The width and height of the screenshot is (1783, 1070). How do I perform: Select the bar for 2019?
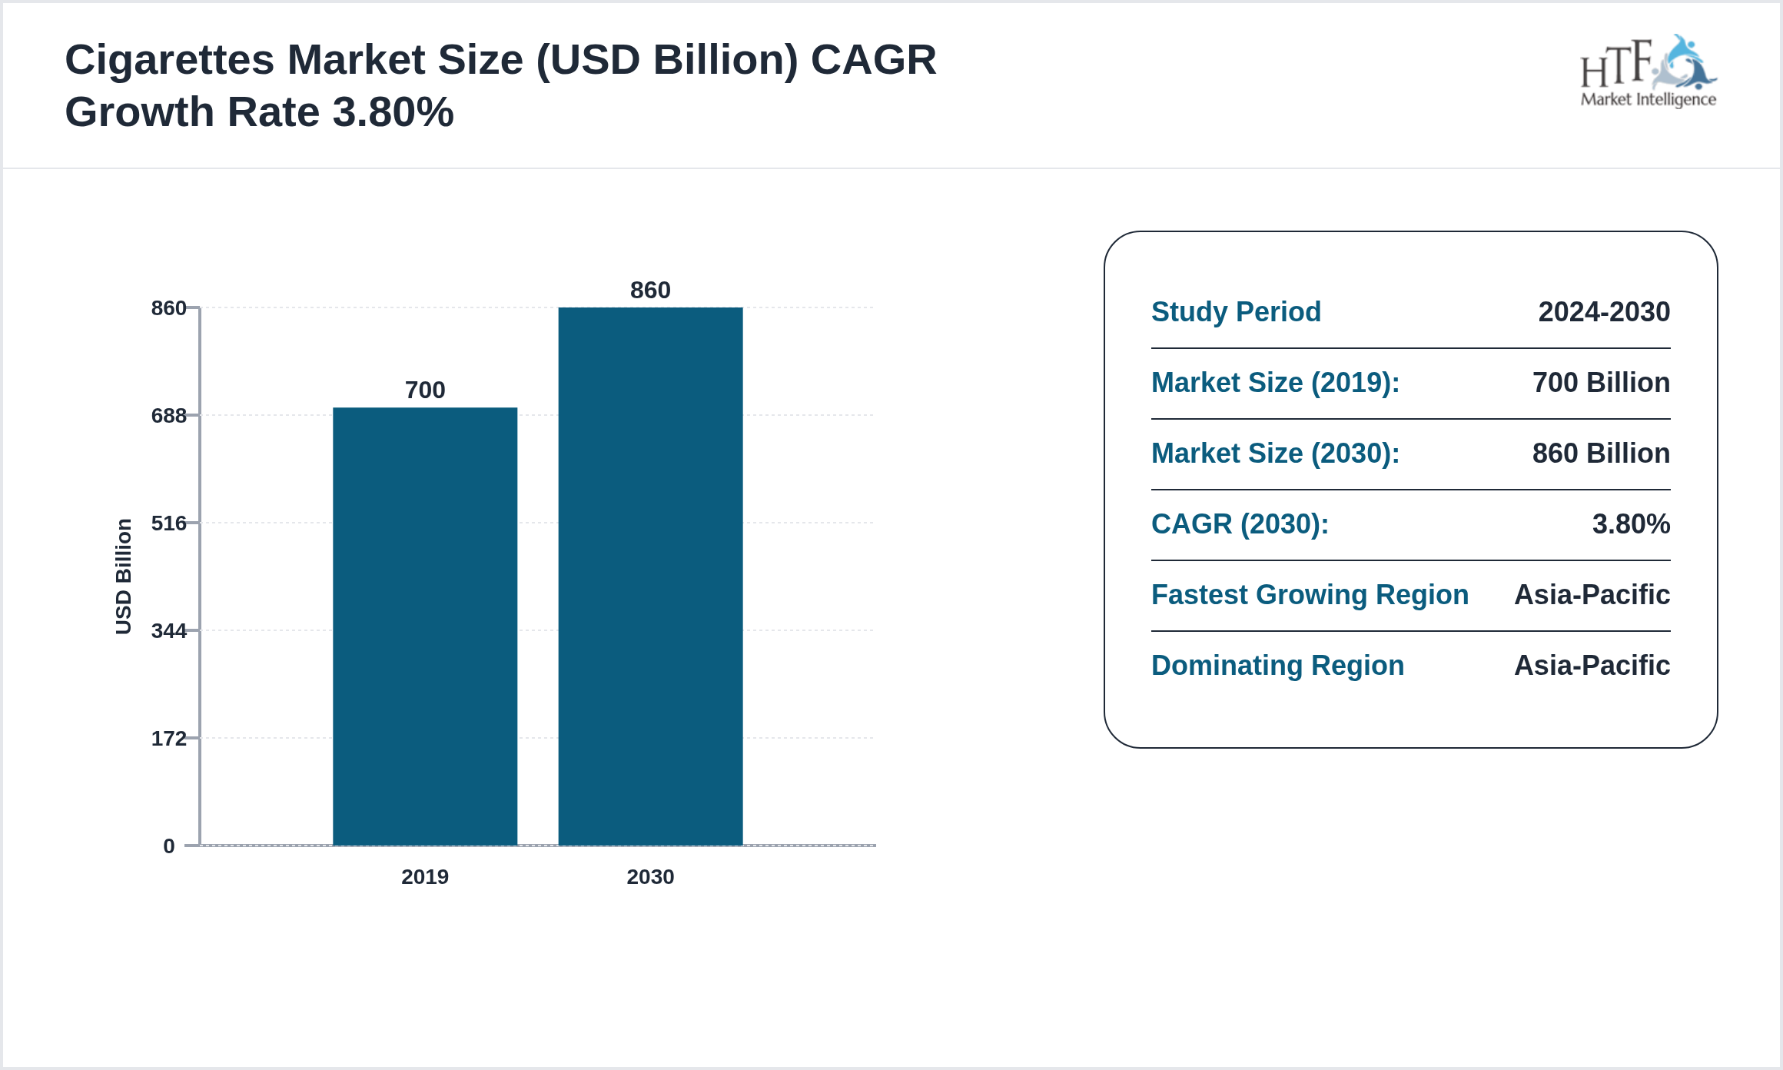click(x=425, y=626)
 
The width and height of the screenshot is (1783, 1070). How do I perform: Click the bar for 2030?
click(x=650, y=577)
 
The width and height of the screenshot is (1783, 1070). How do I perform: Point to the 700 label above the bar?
click(x=425, y=390)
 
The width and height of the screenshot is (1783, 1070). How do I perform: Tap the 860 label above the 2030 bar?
click(x=650, y=290)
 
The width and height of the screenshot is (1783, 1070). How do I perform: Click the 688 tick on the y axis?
click(x=169, y=416)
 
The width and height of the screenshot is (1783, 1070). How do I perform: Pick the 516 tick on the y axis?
click(x=169, y=523)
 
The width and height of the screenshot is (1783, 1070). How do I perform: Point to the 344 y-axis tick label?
click(x=169, y=631)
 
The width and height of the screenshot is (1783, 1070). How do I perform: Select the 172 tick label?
click(x=169, y=739)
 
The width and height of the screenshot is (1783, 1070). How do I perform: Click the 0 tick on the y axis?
click(x=169, y=846)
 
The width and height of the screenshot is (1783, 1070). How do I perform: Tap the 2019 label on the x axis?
click(x=425, y=877)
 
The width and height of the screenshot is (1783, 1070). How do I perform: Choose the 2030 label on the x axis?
click(x=650, y=877)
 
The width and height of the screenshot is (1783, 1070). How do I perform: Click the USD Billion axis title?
click(x=124, y=577)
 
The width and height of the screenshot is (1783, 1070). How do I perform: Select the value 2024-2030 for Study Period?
click(x=1604, y=312)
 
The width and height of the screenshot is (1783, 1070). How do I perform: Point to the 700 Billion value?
click(x=1601, y=383)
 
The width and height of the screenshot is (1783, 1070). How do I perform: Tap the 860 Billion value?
click(x=1601, y=454)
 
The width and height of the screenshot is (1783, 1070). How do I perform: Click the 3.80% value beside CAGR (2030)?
click(x=1631, y=524)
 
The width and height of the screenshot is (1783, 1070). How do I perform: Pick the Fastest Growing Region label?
click(x=1310, y=595)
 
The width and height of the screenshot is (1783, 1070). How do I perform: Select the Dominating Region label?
click(x=1277, y=666)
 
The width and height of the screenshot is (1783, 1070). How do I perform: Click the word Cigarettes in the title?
click(x=170, y=60)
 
